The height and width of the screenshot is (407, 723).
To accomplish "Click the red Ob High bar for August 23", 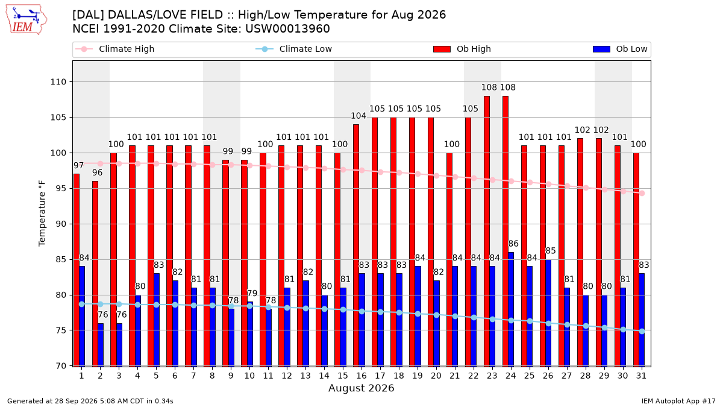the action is coord(486,231).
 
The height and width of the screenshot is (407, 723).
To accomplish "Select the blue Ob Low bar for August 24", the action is coord(511,309).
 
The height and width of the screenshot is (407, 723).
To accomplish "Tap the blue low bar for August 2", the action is coord(101,345).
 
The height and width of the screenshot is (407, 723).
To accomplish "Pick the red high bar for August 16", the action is coord(355,245).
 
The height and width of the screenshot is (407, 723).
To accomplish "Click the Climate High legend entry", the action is coord(115,49).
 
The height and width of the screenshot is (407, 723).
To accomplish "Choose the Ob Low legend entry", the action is coord(620,49).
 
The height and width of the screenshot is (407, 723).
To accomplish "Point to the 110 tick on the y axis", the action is coord(58,82).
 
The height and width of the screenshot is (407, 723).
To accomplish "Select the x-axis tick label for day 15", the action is coord(343,376).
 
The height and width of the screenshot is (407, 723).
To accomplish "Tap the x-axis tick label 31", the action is coord(641,376).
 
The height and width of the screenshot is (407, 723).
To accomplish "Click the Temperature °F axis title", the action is coord(42,213).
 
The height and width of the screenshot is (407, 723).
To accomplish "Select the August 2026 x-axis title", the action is coord(361,388).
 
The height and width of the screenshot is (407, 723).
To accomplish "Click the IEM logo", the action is coord(27,20).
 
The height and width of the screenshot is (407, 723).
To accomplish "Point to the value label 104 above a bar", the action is coord(358,116).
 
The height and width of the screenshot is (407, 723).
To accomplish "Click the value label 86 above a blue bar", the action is coord(513,244).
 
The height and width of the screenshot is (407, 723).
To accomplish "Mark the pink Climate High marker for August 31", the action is coord(642,193).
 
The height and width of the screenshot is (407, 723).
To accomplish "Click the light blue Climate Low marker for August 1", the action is coord(82,304).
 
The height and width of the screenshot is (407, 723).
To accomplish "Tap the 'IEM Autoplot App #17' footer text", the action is coord(678,401).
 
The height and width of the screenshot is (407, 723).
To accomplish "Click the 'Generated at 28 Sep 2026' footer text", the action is coord(52,401).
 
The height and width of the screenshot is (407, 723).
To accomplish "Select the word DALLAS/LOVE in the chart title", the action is coord(165,15).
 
